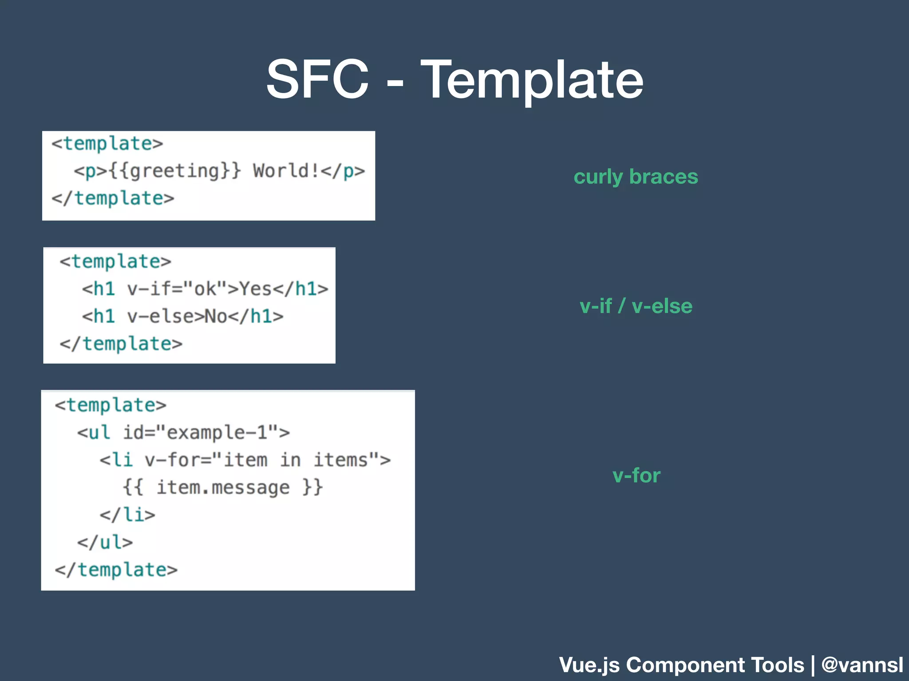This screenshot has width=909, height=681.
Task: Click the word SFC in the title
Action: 317,80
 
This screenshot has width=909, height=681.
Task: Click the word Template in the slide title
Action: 531,81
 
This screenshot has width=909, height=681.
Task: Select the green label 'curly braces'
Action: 636,176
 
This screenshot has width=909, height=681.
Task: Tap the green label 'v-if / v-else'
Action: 636,306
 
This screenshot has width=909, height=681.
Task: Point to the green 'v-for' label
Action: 636,475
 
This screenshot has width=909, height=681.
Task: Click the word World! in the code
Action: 285,171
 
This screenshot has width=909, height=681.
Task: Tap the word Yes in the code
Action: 256,289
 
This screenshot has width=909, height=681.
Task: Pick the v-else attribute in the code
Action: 165,317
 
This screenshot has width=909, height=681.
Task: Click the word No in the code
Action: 216,317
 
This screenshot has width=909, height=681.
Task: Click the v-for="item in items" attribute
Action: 262,460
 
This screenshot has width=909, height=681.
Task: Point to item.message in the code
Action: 223,487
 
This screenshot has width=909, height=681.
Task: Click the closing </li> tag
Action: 127,515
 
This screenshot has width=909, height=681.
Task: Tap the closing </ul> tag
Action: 105,542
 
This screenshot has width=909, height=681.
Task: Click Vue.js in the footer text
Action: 589,665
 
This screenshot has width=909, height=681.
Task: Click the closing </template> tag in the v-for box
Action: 116,570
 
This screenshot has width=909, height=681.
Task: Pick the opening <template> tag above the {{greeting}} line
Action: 107,144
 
